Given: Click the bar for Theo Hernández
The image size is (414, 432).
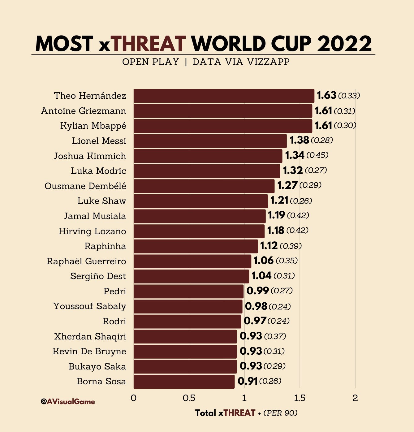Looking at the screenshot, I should coord(224,96).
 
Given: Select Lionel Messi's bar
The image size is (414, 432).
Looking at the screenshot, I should coord(210,141).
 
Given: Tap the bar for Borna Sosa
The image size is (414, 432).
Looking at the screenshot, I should coord(184,382).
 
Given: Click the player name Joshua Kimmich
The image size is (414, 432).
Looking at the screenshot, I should coord(90,156).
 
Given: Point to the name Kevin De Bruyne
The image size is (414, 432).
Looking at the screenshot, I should coord(89,352).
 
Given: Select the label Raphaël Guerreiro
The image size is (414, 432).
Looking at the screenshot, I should coord(86,261).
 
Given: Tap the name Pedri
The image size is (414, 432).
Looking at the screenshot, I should coord(115,292).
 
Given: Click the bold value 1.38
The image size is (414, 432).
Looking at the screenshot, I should coord(299,140).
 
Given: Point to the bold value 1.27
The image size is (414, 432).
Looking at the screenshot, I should coord(287,185).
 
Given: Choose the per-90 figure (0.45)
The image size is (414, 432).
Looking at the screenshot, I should coord(317,155).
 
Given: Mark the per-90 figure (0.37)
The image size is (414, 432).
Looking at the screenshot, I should coord(275,336).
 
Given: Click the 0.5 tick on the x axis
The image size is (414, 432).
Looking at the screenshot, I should coord(189,398).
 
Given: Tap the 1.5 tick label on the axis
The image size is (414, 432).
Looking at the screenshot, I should coord(300,398).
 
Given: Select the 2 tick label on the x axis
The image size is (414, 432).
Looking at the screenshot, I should coord(355,398).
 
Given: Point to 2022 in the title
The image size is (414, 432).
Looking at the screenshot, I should coord(344,44).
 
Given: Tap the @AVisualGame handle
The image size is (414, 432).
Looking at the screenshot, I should coord(68,402).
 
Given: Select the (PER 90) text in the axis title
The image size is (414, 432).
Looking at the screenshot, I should coord(280,413).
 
